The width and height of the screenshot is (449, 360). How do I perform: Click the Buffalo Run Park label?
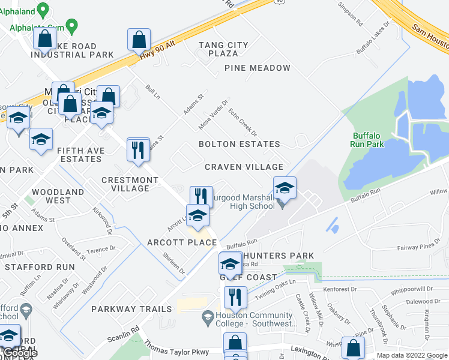pyautogui.click(x=367, y=140)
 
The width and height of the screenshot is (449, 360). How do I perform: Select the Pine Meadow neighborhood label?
pyautogui.click(x=257, y=68)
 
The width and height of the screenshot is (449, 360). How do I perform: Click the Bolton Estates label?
pyautogui.click(x=240, y=144)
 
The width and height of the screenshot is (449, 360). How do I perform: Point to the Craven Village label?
pyautogui.click(x=244, y=166)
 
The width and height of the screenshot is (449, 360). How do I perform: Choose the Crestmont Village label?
pyautogui.click(x=125, y=184)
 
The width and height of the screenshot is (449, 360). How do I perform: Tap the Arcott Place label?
pyautogui.click(x=182, y=242)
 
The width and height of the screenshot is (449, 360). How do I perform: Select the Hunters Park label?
pyautogui.click(x=278, y=256)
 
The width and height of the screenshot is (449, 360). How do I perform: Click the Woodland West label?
pyautogui.click(x=58, y=196)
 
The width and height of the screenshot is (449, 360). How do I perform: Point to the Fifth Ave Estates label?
pyautogui.click(x=80, y=155)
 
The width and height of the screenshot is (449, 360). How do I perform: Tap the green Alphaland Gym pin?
pyautogui.click(x=72, y=26)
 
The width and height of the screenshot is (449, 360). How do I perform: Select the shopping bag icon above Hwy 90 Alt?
pyautogui.click(x=139, y=40)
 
